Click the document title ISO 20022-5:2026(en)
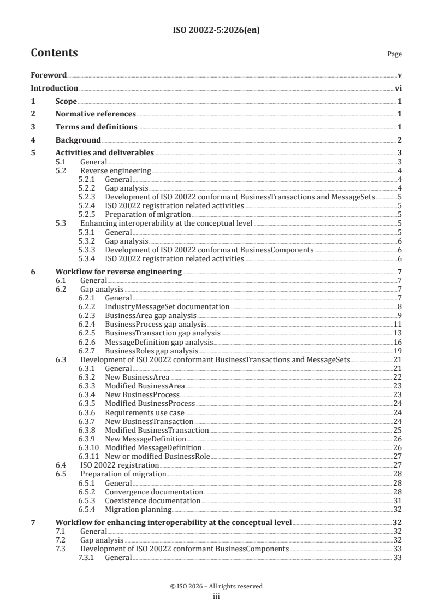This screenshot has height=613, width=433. click(x=216, y=31)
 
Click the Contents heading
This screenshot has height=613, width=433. click(x=54, y=53)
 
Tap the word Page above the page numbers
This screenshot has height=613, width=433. click(x=394, y=54)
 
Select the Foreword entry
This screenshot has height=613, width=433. click(x=49, y=75)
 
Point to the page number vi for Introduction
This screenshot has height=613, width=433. click(x=398, y=89)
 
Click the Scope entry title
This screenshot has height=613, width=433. click(x=66, y=102)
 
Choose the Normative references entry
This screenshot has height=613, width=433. click(x=96, y=114)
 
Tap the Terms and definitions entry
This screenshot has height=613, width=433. click(x=96, y=127)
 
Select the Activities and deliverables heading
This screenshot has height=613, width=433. click(x=105, y=153)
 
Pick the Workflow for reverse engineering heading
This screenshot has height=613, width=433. click(x=119, y=272)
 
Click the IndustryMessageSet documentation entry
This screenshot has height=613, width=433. click(x=167, y=307)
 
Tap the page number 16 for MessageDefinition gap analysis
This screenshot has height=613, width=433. click(x=398, y=342)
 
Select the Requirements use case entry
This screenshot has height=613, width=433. click(x=145, y=412)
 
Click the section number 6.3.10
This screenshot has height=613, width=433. click(x=88, y=447)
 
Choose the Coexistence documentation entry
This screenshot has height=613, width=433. click(x=152, y=500)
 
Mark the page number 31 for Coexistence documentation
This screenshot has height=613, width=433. click(x=398, y=500)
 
